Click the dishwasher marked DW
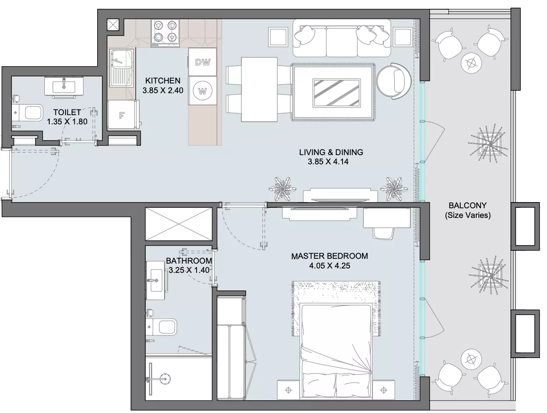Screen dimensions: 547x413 pyautogui.click(x=202, y=62)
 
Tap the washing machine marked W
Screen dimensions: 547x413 pyautogui.click(x=202, y=91)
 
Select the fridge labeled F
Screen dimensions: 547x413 pyautogui.click(x=122, y=115)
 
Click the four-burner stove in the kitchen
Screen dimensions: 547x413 pyautogui.click(x=165, y=33)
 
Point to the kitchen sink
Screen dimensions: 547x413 pyautogui.click(x=121, y=68)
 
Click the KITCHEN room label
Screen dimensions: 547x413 pyautogui.click(x=163, y=81)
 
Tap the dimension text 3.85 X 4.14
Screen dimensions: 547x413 pyautogui.click(x=328, y=162)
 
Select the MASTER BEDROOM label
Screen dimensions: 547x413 pyautogui.click(x=329, y=256)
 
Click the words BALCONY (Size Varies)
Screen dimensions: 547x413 pyautogui.click(x=468, y=210)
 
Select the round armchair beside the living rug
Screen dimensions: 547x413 pyautogui.click(x=394, y=81)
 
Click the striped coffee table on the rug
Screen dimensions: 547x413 pyautogui.click(x=336, y=93)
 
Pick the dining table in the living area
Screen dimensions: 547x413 pyautogui.click(x=259, y=89)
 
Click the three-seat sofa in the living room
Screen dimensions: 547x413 pyautogui.click(x=341, y=38)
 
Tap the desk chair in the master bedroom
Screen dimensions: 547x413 pyautogui.click(x=383, y=233)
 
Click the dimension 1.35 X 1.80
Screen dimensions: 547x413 pyautogui.click(x=67, y=122)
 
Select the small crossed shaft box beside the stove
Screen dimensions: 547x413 pyautogui.click(x=113, y=25)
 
